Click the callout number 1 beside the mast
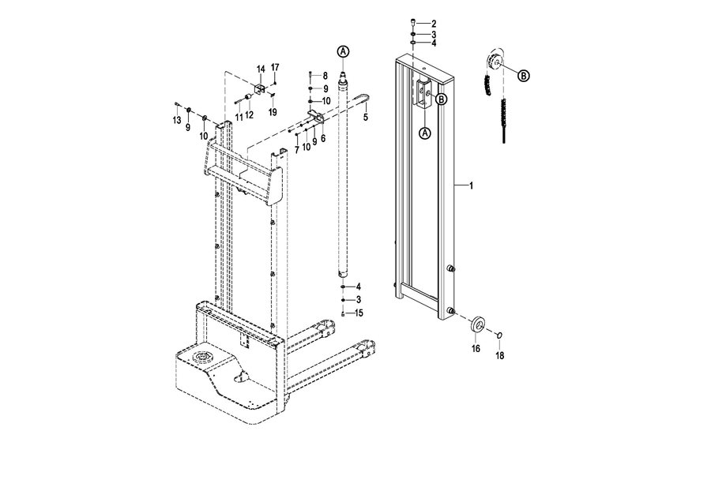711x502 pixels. click(471, 185)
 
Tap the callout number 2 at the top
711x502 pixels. click(434, 24)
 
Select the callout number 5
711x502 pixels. click(366, 118)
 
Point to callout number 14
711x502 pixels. click(261, 69)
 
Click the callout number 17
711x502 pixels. click(275, 68)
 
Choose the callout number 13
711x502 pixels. click(176, 120)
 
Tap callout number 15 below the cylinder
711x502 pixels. click(359, 313)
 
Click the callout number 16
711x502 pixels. click(476, 348)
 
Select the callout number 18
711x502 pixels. click(500, 356)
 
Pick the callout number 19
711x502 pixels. click(272, 112)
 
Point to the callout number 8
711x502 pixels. click(325, 76)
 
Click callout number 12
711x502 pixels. click(249, 115)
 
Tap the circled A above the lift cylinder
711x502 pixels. click(344, 51)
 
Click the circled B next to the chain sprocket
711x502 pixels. click(523, 75)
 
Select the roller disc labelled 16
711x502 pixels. click(477, 324)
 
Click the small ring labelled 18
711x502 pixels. click(499, 335)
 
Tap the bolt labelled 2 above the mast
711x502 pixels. click(413, 22)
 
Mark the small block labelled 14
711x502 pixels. click(260, 89)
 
